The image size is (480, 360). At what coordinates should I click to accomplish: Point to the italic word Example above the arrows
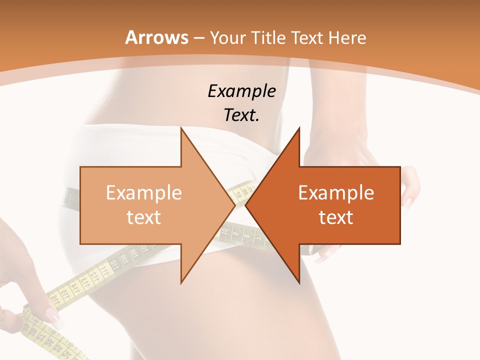coord(241,91)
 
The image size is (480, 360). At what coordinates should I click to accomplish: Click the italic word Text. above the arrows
coord(241,115)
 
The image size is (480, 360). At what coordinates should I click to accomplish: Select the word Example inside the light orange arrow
coord(144,192)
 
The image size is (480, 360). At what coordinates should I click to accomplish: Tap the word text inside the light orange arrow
coord(144,217)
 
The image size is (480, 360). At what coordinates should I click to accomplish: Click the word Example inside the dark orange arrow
coord(336,192)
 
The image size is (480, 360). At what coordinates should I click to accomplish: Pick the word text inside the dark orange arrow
coord(336,217)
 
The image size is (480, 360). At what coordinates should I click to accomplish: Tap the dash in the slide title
coord(198,37)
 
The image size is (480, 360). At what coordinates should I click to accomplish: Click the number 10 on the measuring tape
coord(224,232)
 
